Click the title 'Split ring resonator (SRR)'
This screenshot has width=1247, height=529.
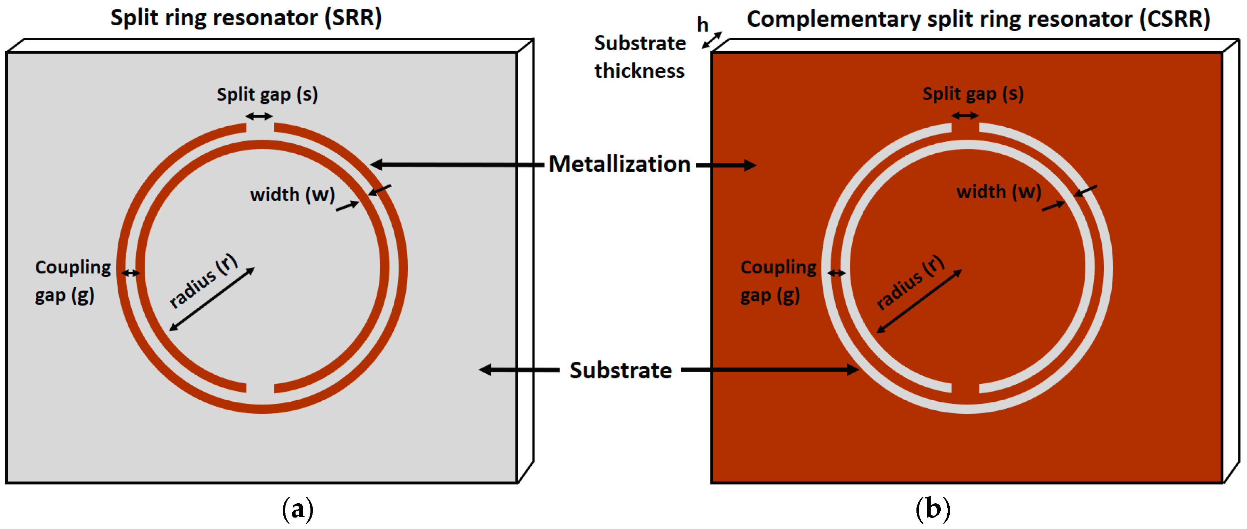click(246, 18)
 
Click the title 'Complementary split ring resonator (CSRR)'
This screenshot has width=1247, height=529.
click(978, 19)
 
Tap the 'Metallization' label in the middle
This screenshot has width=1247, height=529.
click(619, 164)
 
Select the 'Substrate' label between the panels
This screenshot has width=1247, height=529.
click(620, 371)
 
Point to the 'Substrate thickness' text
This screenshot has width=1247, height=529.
click(640, 57)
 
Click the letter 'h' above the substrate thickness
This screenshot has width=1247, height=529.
click(702, 25)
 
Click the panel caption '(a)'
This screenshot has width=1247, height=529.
click(297, 509)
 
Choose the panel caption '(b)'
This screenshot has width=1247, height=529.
click(932, 509)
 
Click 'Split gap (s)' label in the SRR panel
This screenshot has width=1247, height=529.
click(267, 95)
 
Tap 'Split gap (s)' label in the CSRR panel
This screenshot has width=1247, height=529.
click(973, 94)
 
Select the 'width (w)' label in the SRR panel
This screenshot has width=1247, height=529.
click(292, 195)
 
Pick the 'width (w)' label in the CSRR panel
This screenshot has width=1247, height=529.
click(998, 192)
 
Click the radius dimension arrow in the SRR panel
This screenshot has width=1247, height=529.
click(212, 299)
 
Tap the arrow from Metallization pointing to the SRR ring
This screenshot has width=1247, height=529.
click(455, 165)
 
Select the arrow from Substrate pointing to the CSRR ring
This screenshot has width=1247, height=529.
click(770, 370)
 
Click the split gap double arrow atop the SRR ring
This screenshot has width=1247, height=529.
click(259, 116)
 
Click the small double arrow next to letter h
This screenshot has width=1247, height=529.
click(711, 40)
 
